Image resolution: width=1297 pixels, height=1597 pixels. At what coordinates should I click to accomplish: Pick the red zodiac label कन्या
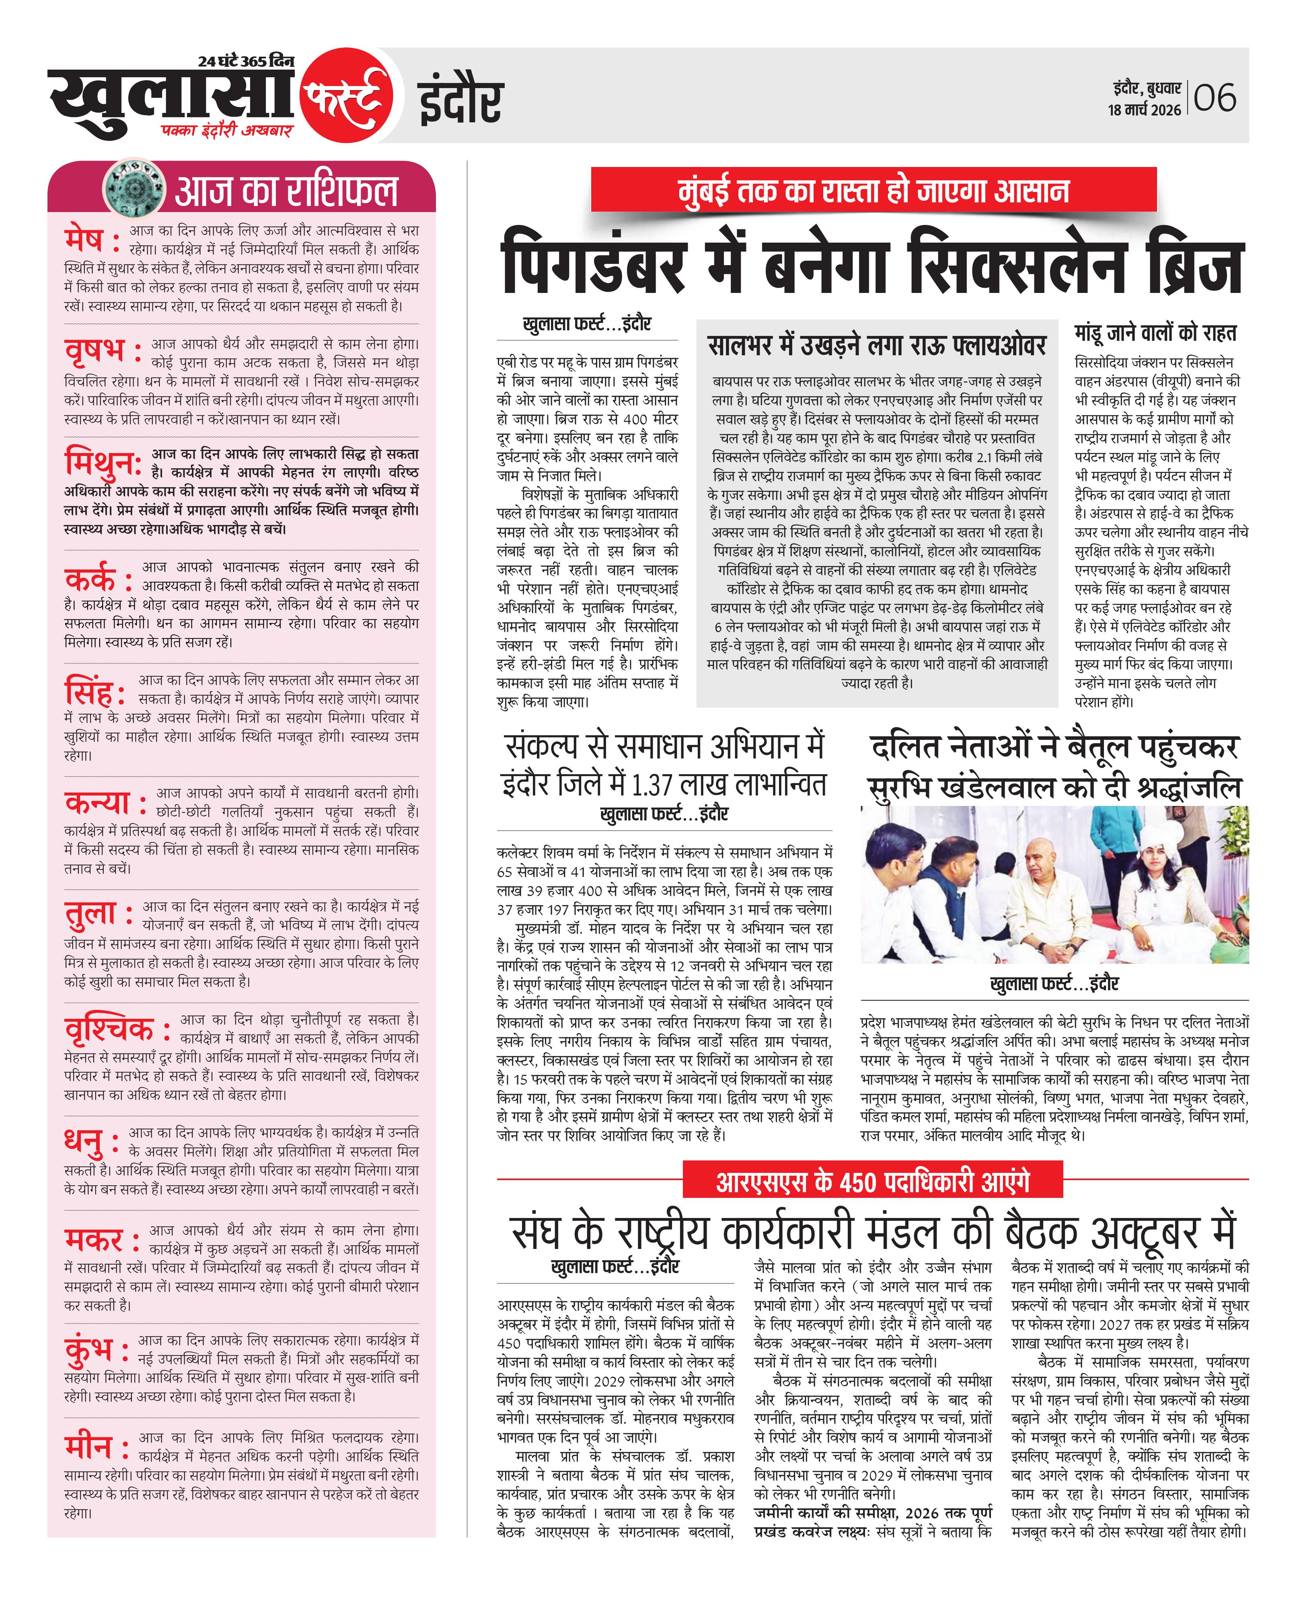pos(97,803)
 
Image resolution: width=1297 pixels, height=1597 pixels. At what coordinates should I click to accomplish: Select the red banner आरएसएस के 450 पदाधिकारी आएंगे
pos(873,1182)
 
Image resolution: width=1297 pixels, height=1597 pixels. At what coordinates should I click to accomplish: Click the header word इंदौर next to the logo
pos(460,102)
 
